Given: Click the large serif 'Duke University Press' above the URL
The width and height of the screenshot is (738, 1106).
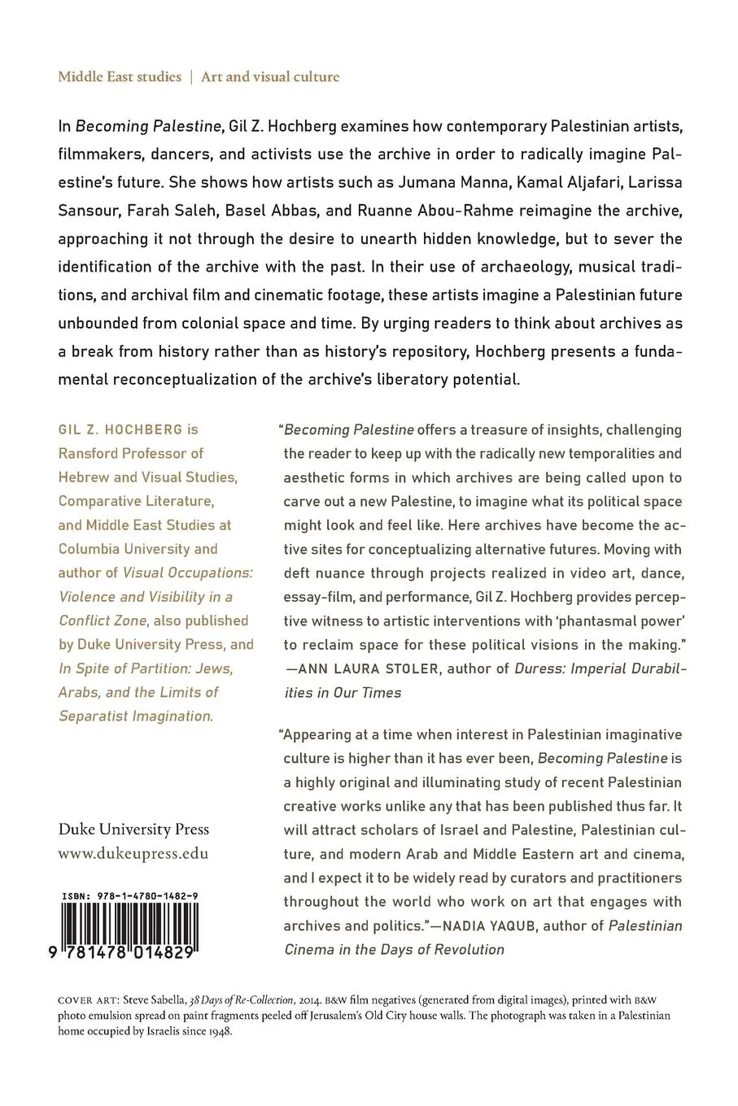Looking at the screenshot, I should [133, 829].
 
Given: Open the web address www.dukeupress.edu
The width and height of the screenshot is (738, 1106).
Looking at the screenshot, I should [133, 854].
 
